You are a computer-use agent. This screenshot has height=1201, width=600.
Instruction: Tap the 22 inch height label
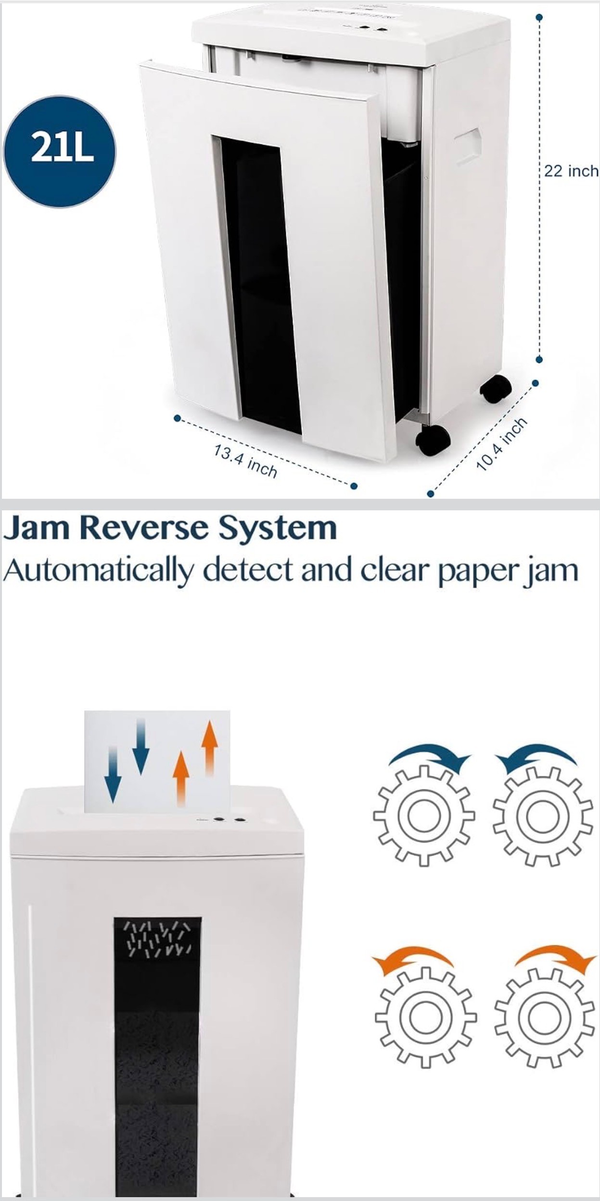pos(572,171)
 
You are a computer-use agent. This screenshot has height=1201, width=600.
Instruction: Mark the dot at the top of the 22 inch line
pos(539,17)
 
